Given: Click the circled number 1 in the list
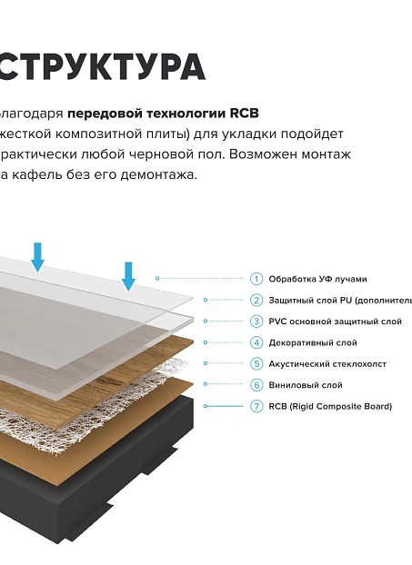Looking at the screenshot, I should [x=256, y=279].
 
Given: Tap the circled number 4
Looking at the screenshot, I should [x=256, y=342].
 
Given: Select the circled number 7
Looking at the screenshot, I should [x=256, y=406].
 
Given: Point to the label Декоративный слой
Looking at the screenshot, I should [x=312, y=342].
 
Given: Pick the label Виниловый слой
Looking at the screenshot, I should [x=305, y=385].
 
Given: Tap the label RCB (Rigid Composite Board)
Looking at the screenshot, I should [x=330, y=406].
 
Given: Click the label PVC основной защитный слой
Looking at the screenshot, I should [x=335, y=322].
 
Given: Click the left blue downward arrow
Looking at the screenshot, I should [x=37, y=257].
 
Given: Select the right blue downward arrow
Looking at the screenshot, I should [x=128, y=275].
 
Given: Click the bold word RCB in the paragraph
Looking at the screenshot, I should [x=243, y=114].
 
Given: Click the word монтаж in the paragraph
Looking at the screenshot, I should [x=323, y=154].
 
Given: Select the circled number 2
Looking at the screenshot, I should [x=256, y=300].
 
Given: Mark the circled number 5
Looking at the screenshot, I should [x=256, y=363].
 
